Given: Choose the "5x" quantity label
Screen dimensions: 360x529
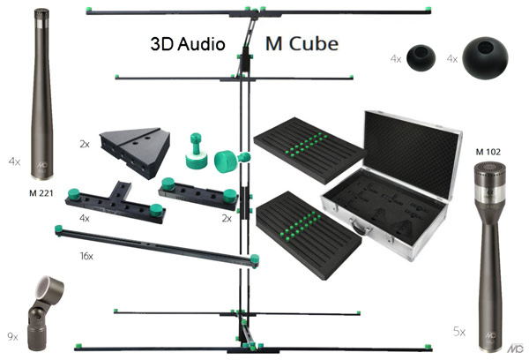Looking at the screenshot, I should (x=458, y=332).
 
